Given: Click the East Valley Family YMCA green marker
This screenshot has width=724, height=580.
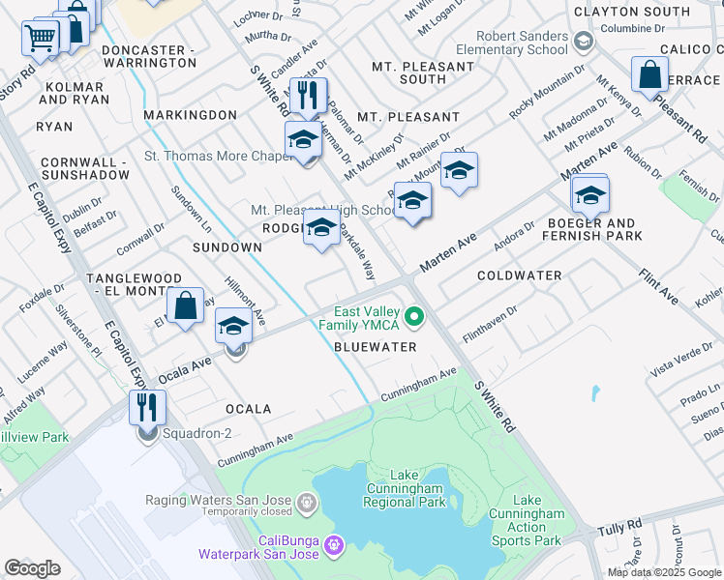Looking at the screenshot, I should click(415, 317).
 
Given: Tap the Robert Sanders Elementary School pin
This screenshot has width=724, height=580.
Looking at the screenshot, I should click(583, 42).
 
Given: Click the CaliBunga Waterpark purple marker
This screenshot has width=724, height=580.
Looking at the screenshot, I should click(334, 546).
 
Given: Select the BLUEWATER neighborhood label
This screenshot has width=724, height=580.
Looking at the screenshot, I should click(375, 346).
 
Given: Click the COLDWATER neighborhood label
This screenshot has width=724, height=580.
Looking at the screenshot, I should click(520, 275).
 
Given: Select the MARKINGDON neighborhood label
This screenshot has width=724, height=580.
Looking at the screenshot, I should click(190, 115).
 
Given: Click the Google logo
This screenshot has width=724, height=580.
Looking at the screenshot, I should click(32, 568).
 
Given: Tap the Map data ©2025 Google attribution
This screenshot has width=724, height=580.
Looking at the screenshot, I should click(664, 572).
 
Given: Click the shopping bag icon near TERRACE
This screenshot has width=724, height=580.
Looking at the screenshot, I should click(649, 73).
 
